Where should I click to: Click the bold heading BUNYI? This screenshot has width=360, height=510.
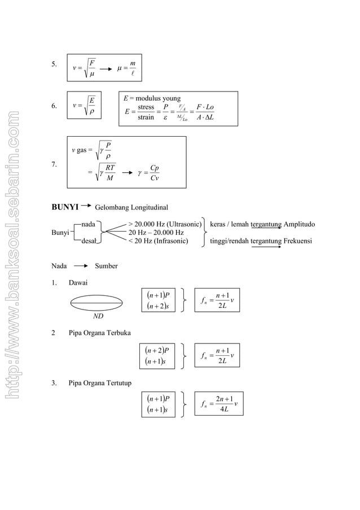[x=65, y=207]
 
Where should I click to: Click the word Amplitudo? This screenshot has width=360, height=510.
[x=299, y=224]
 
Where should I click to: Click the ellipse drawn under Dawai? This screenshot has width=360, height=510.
[x=97, y=304]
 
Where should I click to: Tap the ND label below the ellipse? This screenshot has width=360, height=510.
[x=98, y=316]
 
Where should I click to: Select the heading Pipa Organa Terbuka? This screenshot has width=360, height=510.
[x=99, y=333]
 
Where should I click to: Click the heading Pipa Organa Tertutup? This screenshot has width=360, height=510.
[x=100, y=383]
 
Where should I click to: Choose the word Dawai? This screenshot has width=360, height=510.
[x=78, y=282]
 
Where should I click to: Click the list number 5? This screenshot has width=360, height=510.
[x=54, y=64]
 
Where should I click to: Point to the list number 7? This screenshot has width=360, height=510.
[x=54, y=164]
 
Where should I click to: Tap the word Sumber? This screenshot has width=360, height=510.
[x=106, y=265]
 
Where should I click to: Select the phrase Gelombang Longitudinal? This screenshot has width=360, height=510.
[x=131, y=208]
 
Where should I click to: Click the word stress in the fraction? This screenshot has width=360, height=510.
[x=146, y=107]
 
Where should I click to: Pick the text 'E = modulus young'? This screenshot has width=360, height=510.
[x=152, y=98]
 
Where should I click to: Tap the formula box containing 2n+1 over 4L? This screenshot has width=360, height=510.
[x=218, y=403]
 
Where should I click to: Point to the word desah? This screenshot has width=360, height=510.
[x=88, y=241]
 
